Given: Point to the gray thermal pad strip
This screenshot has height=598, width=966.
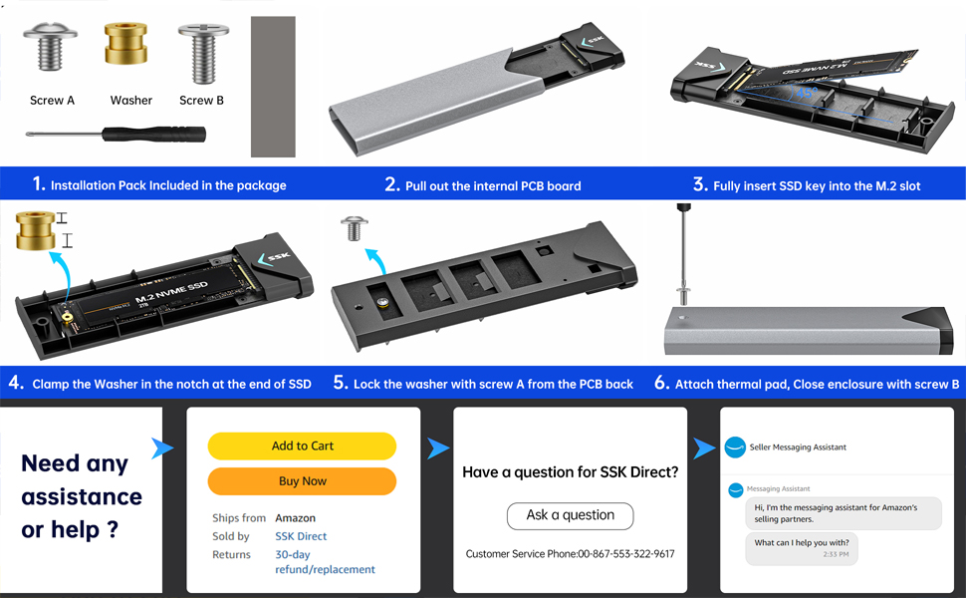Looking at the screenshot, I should pos(273,87).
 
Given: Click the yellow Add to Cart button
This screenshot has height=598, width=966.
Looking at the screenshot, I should pos(302,446).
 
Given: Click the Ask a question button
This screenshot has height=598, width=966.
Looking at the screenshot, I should pos(570,515).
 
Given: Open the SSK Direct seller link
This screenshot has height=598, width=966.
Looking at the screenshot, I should pos(301,536).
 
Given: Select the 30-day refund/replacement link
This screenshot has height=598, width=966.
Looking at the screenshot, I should pos(325,562).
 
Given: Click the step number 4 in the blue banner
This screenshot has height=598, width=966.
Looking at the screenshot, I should pos(16,383).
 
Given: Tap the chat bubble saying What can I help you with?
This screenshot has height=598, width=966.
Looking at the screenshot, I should pos(801,547).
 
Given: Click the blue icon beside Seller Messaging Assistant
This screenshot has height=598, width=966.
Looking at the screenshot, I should pos(735,448).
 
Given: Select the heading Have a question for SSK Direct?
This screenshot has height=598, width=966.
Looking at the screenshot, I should pos(570,472).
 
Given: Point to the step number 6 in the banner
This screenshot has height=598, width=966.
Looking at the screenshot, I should pos(661,383).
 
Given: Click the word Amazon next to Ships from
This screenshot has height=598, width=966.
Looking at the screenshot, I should pos(295,518).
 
